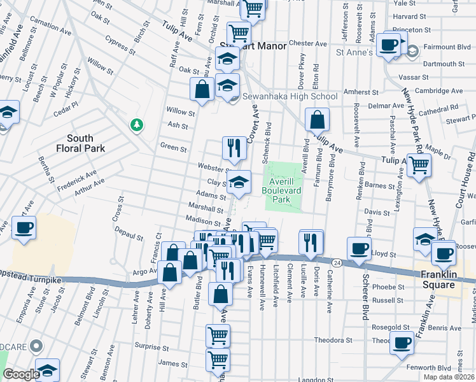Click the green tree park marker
[x=136, y=124]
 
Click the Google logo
[x=20, y=374]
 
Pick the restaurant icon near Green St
[x=234, y=148]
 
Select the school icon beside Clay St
[x=239, y=183]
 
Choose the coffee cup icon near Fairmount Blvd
[x=388, y=45]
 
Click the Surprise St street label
[x=151, y=348]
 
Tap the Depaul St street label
[x=130, y=236]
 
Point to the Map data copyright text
[x=449, y=376]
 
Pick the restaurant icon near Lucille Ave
[x=311, y=241]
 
